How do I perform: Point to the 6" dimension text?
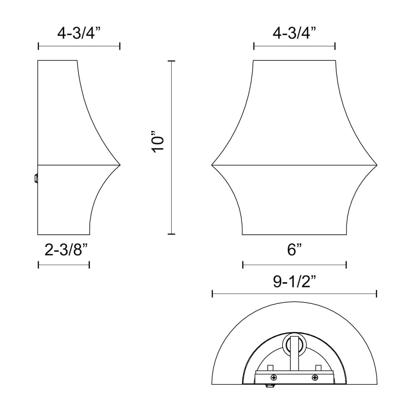(294, 250)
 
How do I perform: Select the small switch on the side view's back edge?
(36, 178)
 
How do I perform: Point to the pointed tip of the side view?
(119, 165)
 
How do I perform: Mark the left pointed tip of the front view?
(212, 165)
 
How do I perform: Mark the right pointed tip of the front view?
(377, 165)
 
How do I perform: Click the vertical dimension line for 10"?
(171, 148)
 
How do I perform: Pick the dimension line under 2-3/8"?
(64, 265)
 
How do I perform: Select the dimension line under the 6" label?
(294, 265)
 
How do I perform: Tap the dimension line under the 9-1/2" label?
(294, 294)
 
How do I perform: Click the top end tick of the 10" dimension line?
(171, 61)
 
